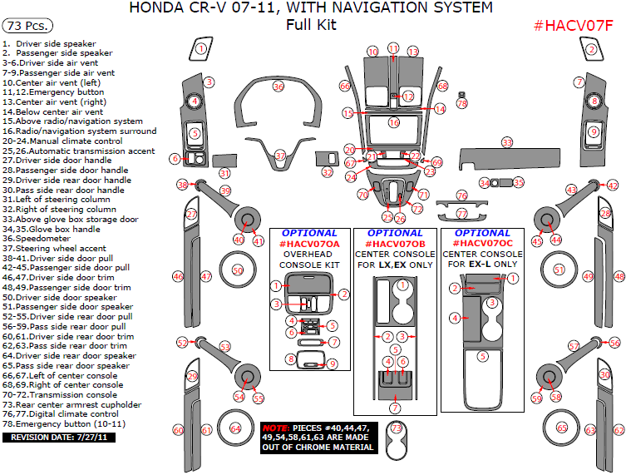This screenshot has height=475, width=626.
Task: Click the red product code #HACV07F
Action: tap(573, 24)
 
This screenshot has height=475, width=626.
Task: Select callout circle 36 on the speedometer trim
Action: tap(278, 87)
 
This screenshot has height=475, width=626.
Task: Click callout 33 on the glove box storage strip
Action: tap(506, 143)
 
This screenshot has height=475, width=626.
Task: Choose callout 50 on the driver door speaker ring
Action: tap(239, 270)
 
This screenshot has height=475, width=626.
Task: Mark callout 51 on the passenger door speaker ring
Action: tap(559, 270)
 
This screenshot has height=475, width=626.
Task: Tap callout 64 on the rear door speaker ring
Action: tap(236, 429)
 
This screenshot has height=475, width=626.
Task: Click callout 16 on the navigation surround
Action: tap(394, 122)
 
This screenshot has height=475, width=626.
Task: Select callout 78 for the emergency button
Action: tap(462, 104)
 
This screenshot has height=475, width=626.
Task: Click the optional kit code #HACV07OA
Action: tap(309, 244)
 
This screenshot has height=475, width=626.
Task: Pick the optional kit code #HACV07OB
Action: tap(395, 244)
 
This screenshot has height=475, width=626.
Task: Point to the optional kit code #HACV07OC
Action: tap(482, 244)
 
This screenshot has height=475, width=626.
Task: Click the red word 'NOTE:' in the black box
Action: tap(277, 428)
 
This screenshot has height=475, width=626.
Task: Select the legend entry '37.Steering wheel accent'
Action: tap(55, 247)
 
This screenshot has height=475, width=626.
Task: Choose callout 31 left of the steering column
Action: tap(224, 173)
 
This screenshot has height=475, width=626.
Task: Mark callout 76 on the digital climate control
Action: tap(462, 195)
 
